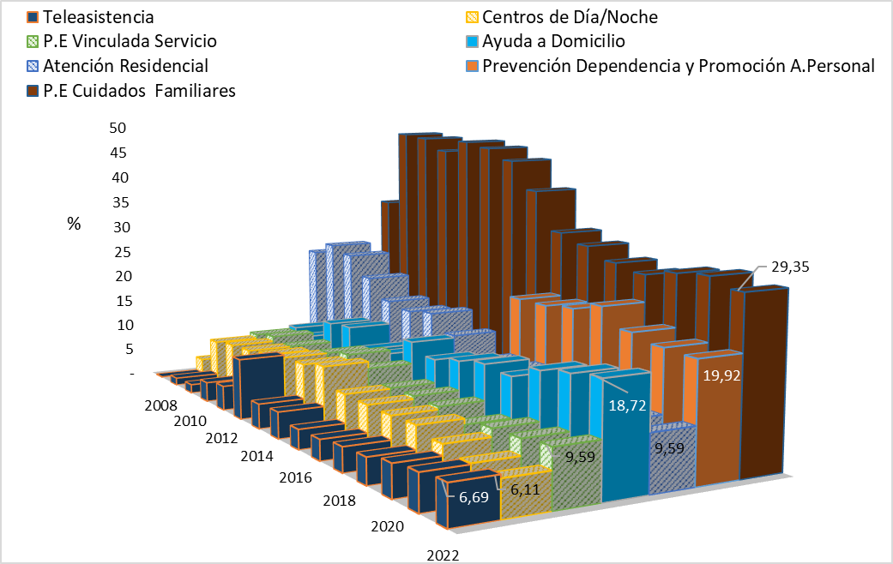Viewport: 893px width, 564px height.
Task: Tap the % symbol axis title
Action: click(74, 224)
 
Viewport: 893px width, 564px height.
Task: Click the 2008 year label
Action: click(161, 405)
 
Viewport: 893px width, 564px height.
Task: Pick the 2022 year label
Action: click(443, 555)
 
